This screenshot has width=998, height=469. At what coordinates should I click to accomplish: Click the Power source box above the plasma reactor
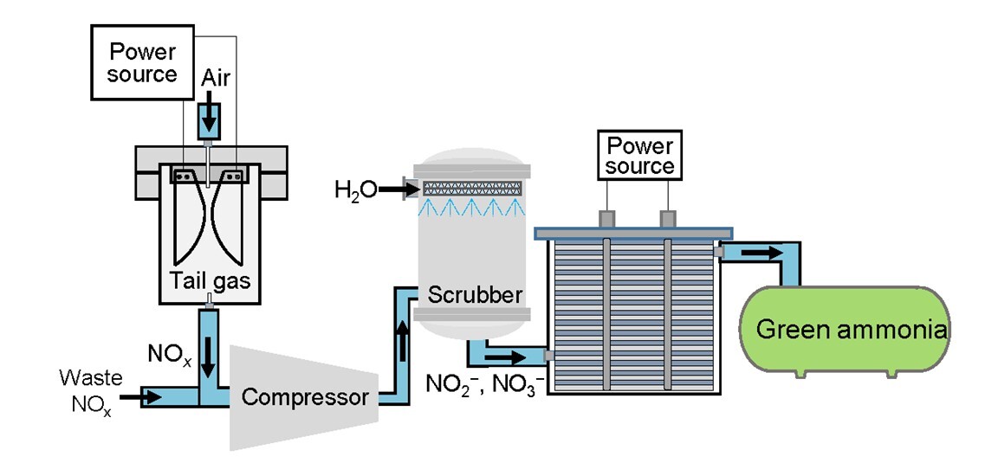[x=142, y=63]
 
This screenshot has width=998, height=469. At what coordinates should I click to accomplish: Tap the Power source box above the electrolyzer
[x=639, y=155]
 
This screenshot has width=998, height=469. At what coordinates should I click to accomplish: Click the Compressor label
[x=305, y=397]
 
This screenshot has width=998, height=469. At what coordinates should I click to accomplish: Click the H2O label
[x=355, y=189]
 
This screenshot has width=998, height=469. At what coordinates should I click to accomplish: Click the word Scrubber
[x=475, y=294]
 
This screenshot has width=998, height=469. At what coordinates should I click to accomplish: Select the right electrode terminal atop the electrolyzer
[x=667, y=219]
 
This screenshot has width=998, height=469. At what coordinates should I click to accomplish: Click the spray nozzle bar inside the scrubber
[x=473, y=188]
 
